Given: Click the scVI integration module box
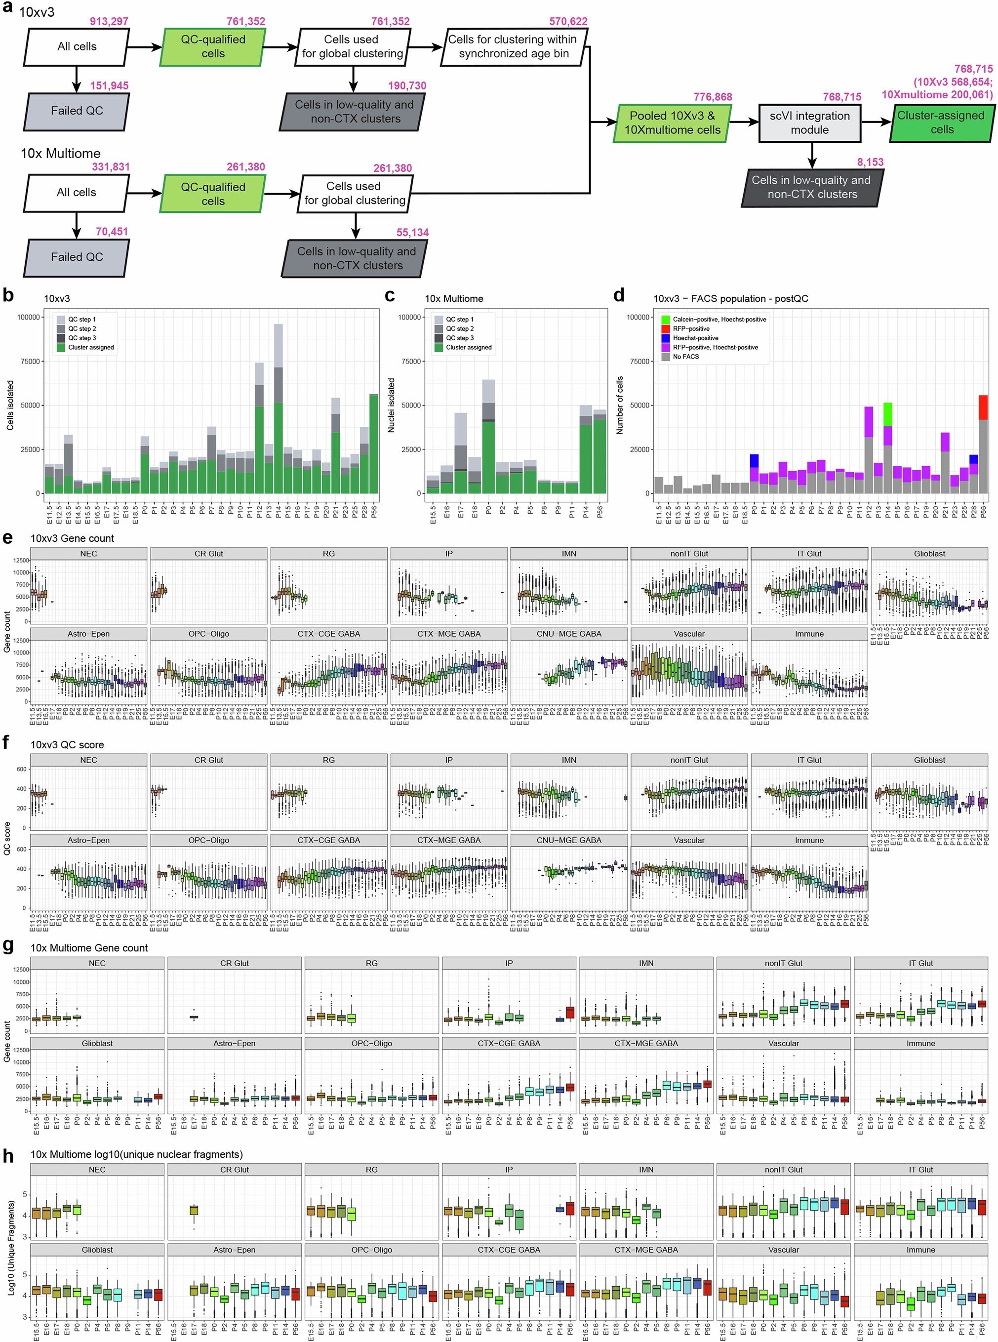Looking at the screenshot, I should tap(809, 122).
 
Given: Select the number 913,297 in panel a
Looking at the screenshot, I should tap(109, 22).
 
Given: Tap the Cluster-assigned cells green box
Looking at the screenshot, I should tap(941, 122).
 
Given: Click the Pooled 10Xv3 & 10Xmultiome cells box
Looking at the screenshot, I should tap(672, 122).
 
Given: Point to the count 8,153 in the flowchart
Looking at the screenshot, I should tap(870, 162).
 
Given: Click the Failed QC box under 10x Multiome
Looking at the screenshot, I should tap(77, 257).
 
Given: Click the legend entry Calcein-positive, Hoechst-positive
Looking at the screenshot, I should tap(719, 319).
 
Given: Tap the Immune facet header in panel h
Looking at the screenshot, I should tap(920, 1250).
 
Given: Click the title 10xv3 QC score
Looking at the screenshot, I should tap(67, 744).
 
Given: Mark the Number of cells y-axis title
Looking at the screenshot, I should tap(619, 405).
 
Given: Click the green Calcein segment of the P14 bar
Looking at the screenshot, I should tap(887, 414).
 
